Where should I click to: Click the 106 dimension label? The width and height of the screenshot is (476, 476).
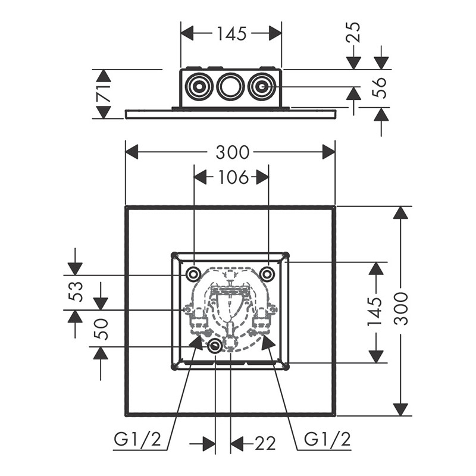tap(233, 177)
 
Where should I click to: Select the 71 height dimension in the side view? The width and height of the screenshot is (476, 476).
tap(104, 93)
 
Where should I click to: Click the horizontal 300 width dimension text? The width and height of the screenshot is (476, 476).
tap(232, 152)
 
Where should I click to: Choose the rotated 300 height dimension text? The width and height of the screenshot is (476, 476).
tap(402, 308)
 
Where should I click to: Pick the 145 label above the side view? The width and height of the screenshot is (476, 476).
tap(231, 34)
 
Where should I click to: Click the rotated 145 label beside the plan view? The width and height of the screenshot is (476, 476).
tap(375, 311)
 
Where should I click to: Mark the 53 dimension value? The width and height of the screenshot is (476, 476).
tap(76, 292)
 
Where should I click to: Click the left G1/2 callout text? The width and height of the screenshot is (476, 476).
tap(137, 440)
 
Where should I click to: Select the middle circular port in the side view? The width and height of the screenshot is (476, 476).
tap(230, 87)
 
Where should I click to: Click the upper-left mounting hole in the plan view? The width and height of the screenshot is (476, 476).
tap(193, 274)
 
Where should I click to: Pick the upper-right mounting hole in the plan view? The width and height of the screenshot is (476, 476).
tap(268, 274)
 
